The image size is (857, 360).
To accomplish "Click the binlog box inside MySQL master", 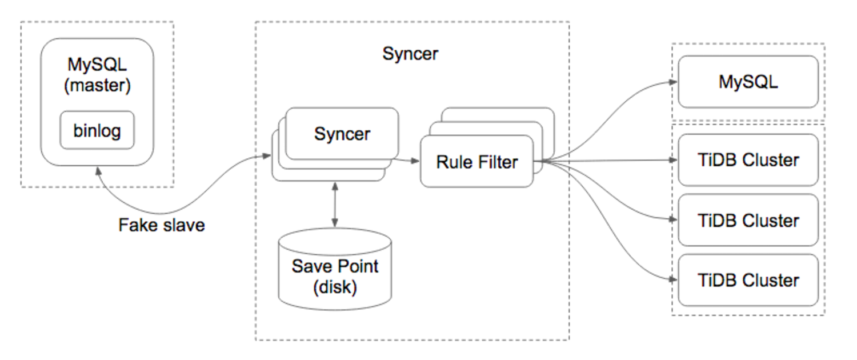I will (97, 131).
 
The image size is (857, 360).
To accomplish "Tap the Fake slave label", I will (161, 225).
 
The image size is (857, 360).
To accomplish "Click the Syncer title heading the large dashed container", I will (410, 54).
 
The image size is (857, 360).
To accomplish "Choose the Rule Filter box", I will (476, 162).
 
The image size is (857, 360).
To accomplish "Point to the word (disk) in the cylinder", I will (334, 287).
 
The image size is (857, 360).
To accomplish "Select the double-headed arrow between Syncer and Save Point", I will (334, 205).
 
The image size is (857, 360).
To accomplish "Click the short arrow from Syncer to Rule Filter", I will (409, 161).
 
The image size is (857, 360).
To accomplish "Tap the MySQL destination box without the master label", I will (748, 82).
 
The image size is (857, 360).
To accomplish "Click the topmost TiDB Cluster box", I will (748, 160).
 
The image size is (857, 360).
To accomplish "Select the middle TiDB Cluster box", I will (748, 220).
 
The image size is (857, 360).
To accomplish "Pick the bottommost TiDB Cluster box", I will (748, 281).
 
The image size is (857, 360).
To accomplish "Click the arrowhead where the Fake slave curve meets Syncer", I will (267, 155).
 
